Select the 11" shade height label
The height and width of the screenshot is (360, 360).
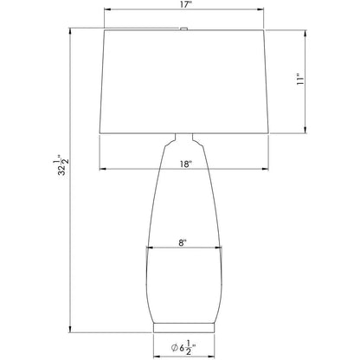[299, 80]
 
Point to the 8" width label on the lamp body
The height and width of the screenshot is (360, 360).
[182, 243]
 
